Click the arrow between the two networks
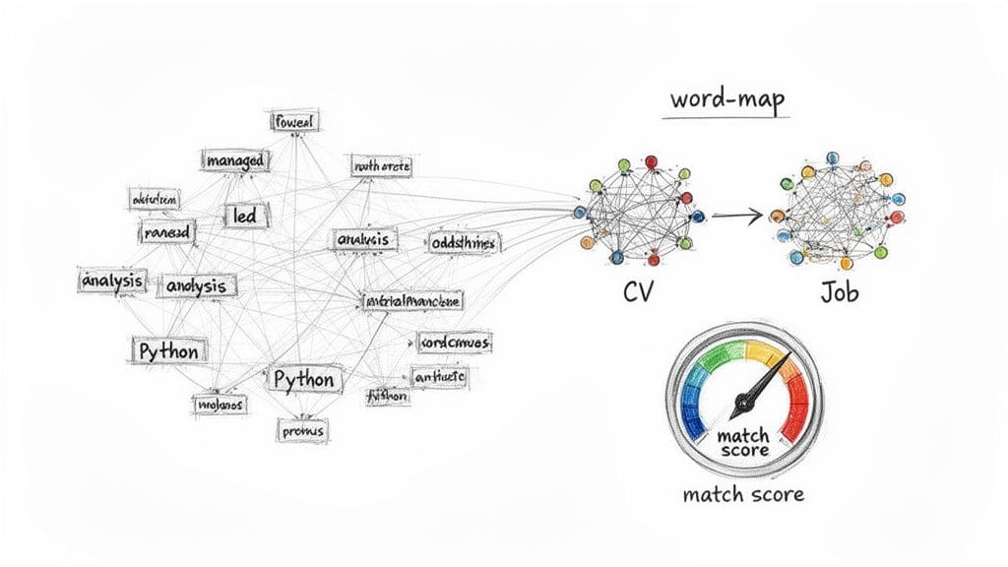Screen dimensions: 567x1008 [x=736, y=215]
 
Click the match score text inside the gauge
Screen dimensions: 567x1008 [x=742, y=443]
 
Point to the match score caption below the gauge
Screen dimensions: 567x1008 [x=742, y=493]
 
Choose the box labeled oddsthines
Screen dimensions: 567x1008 [x=464, y=241]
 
